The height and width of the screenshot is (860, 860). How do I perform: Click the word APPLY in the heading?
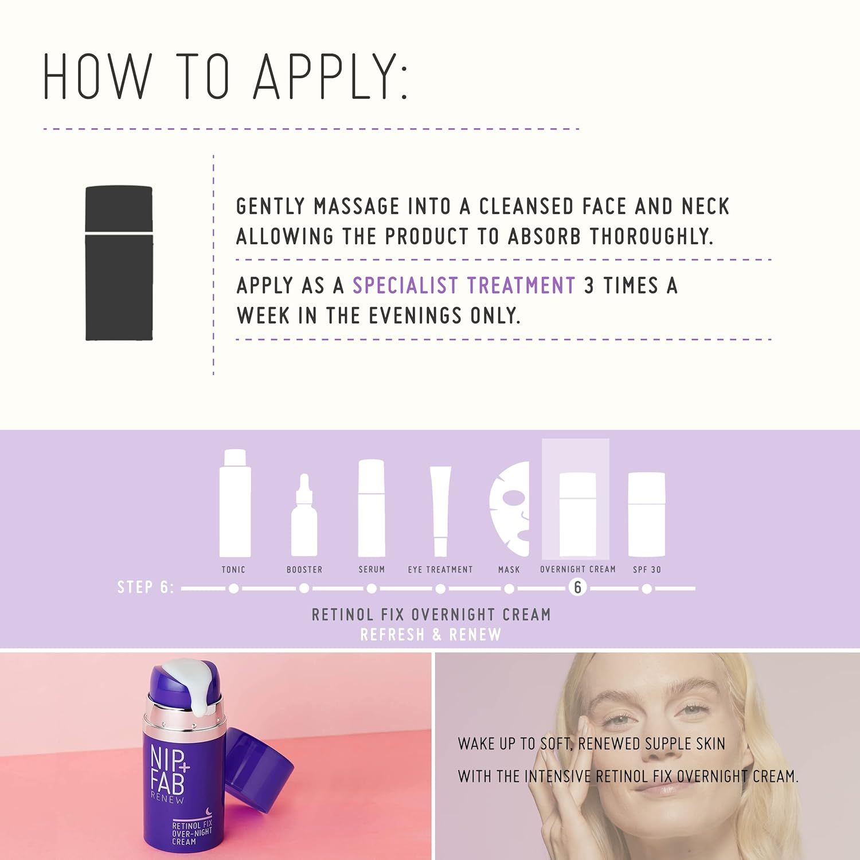click(330, 77)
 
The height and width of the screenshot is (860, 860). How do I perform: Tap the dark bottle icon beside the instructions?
click(119, 263)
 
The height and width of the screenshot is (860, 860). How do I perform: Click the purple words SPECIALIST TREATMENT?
click(464, 286)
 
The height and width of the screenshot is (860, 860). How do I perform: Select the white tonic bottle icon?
click(234, 503)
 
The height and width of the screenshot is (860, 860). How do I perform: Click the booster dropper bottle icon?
click(304, 515)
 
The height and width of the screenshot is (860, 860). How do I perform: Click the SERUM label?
click(372, 569)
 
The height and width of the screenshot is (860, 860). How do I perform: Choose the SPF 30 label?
click(647, 569)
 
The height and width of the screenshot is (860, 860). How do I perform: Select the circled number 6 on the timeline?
click(578, 588)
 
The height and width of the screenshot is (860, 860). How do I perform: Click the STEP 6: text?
click(146, 587)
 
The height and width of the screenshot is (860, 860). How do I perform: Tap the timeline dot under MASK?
click(509, 589)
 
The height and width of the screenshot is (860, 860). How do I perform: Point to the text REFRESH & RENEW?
click(431, 635)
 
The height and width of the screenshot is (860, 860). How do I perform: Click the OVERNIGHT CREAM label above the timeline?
click(578, 569)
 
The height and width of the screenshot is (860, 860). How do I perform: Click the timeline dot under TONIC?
click(233, 589)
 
